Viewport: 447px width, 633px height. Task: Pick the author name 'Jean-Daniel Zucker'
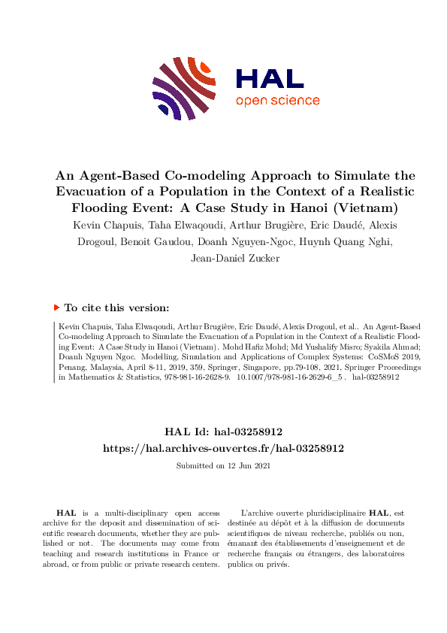(223, 259)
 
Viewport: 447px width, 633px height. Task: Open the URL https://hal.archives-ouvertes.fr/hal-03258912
(223, 447)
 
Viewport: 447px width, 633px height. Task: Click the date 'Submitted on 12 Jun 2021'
(223, 466)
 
